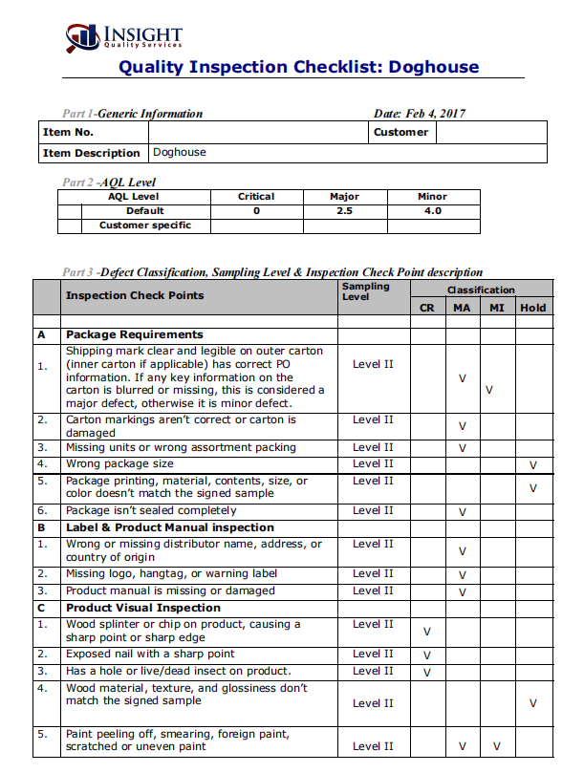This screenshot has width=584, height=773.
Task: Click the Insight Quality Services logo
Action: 124,37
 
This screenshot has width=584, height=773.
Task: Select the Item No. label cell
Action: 68,133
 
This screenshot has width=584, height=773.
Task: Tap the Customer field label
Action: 400,133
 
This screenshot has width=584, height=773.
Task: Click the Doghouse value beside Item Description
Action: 179,153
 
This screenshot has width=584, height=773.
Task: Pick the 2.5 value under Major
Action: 344,211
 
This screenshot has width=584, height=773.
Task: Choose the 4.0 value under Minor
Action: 432,211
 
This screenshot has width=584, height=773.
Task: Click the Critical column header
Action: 256,197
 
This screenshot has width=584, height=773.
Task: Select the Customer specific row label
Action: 145,225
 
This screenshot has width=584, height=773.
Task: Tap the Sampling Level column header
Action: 365,291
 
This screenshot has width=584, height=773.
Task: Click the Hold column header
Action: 533,308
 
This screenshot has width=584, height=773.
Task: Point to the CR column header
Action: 426,308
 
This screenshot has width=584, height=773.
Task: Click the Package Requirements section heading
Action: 134,335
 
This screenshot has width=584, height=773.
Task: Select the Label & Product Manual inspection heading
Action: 169,527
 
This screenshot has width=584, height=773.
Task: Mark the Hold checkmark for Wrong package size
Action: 533,465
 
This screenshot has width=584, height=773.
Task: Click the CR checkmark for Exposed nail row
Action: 426,656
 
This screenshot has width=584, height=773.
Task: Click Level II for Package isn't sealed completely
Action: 373,511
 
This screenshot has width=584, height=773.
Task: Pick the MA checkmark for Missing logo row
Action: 463,576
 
